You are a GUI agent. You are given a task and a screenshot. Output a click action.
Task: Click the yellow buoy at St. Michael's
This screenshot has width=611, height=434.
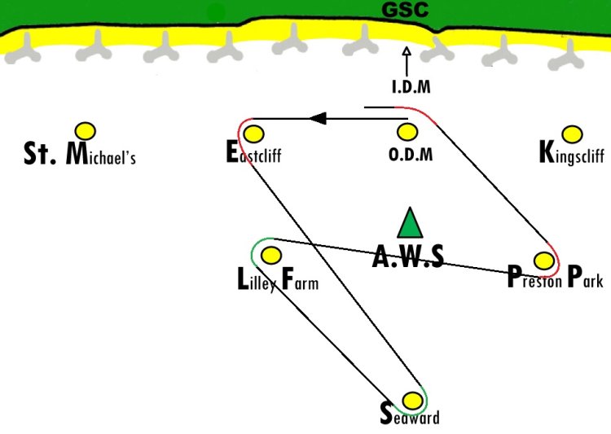(x=86, y=131)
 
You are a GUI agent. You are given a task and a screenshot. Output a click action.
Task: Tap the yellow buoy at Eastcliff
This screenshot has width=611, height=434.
(x=253, y=134)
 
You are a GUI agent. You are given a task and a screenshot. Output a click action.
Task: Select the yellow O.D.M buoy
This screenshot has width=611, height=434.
(x=407, y=132)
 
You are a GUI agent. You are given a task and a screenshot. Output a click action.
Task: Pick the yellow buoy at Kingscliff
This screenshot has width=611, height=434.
(x=572, y=134)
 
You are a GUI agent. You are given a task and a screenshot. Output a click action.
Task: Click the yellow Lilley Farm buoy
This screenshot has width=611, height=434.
(x=271, y=256)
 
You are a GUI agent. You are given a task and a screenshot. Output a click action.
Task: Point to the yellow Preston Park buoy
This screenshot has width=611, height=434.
(x=544, y=261)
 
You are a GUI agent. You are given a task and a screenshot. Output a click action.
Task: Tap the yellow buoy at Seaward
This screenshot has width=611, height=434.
(x=412, y=401)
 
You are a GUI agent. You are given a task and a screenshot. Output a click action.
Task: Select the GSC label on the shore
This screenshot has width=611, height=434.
(x=405, y=10)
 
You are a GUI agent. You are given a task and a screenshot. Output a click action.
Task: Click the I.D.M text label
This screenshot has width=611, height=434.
(x=411, y=86)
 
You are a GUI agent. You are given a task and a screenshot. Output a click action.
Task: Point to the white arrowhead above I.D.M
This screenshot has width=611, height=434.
(x=407, y=51)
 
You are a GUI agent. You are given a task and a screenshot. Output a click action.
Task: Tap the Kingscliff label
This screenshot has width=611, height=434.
(x=572, y=154)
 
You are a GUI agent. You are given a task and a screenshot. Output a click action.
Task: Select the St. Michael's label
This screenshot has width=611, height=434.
(x=80, y=154)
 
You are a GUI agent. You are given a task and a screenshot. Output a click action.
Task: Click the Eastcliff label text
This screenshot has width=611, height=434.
(x=253, y=152)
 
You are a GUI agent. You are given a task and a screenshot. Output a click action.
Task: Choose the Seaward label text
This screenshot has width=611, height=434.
(x=410, y=414)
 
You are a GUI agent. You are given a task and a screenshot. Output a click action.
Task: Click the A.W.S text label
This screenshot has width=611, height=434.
(x=408, y=256)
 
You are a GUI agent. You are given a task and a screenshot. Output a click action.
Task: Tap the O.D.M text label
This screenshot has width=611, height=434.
(x=411, y=154)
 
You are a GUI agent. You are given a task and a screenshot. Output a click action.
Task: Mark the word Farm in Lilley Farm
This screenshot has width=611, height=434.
(x=300, y=279)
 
